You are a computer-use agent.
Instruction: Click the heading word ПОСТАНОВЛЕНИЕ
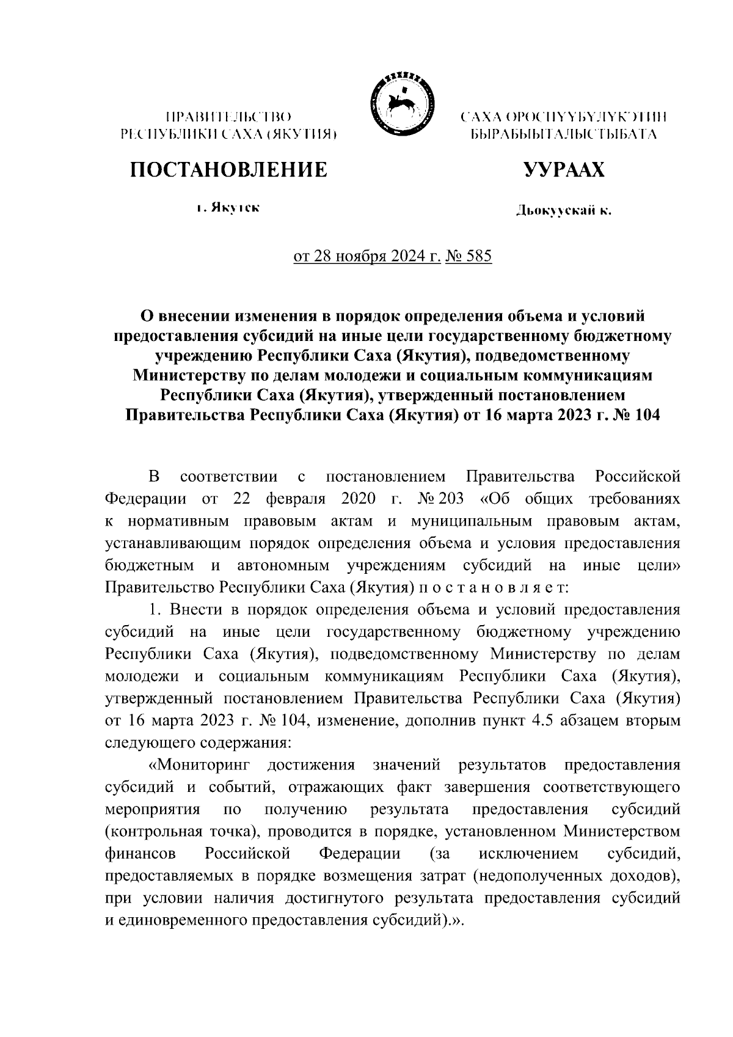click(228, 170)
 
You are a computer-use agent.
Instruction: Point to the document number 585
click(478, 257)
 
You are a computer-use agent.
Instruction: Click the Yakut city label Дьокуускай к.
click(563, 211)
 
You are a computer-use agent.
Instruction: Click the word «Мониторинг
click(199, 765)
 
